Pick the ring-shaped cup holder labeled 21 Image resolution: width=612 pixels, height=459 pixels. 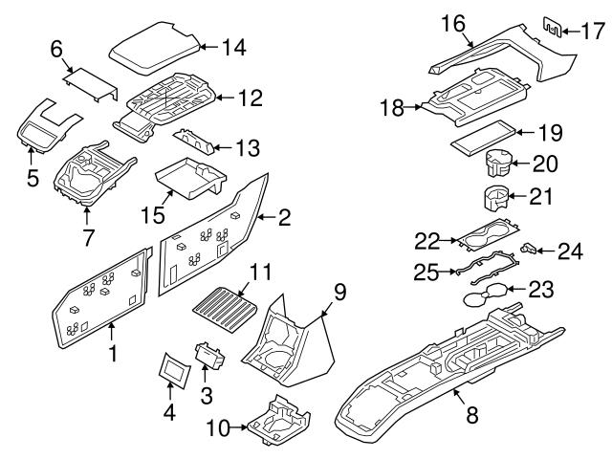(x=493, y=201)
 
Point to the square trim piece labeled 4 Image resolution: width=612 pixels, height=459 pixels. (x=172, y=368)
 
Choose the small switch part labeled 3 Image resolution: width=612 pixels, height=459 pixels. (x=209, y=357)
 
